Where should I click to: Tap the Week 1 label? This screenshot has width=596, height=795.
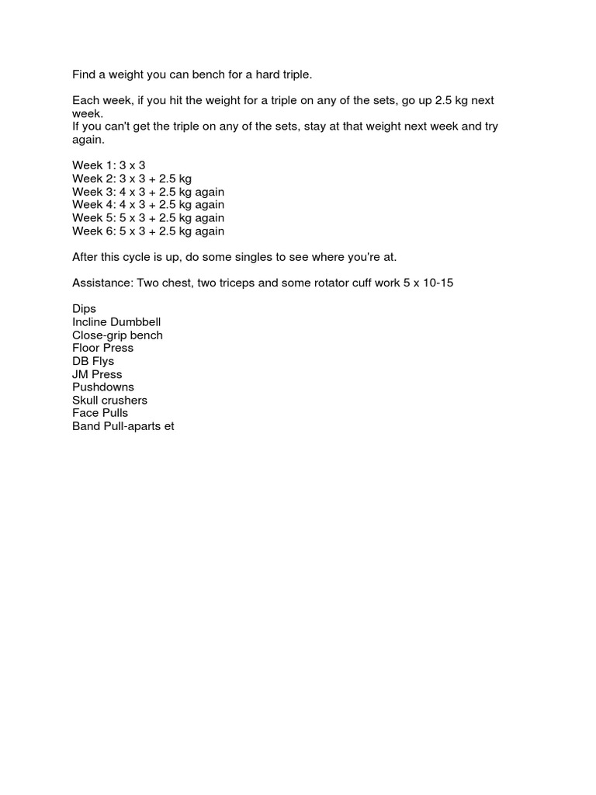94,165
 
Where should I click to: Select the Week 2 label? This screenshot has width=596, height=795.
94,179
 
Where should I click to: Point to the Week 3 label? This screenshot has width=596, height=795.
94,192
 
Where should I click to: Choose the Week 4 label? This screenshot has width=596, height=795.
94,205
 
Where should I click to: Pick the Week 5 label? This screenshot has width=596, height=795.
94,218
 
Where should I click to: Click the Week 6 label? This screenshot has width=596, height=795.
94,231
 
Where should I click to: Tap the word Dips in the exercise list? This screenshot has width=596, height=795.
84,309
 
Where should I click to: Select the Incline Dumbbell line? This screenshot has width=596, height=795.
116,322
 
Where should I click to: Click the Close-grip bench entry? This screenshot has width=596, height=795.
117,335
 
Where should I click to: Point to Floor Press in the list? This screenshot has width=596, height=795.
102,348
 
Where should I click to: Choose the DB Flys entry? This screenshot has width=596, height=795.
93,361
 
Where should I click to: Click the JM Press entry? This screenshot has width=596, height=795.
97,374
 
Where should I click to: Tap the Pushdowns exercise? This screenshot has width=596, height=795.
103,387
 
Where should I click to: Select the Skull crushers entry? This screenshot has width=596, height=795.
109,401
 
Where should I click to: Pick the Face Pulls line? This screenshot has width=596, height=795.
100,413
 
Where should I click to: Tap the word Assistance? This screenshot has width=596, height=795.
102,283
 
